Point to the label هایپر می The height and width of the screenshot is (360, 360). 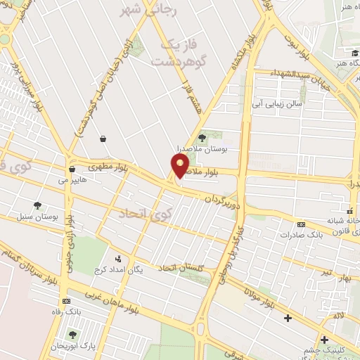(x=72, y=180)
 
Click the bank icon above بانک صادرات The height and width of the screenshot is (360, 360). (x=302, y=224)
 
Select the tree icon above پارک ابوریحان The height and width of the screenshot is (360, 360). (x=72, y=335)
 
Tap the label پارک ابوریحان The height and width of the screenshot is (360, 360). (x=72, y=346)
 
